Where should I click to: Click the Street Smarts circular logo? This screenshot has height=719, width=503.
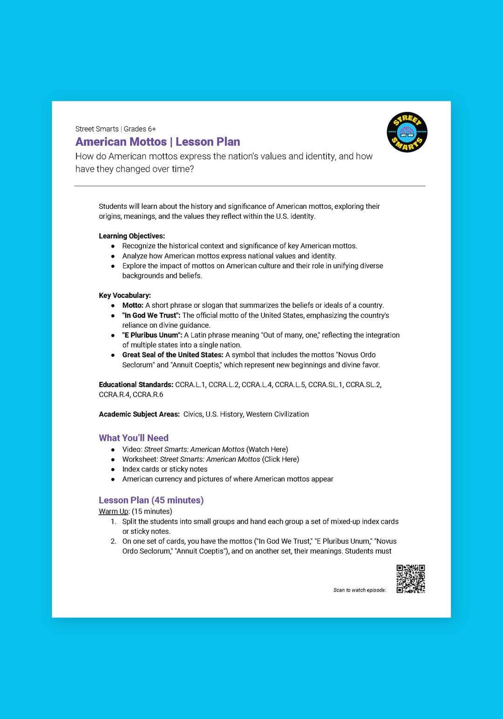[x=407, y=132]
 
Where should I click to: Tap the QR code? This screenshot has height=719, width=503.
[x=410, y=579]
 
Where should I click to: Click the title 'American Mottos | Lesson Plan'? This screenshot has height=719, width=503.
[x=157, y=142]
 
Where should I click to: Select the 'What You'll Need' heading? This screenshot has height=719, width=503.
[x=133, y=438]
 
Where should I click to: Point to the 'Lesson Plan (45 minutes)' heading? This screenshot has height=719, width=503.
[x=151, y=500]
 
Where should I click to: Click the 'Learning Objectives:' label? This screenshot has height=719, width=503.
[x=132, y=236]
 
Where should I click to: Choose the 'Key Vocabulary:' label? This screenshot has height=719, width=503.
[x=125, y=295]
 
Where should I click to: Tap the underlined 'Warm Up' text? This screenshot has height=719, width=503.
[x=113, y=511]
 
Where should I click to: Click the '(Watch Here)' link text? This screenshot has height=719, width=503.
[x=267, y=449]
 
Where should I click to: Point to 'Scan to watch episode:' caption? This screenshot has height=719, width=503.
[x=360, y=590]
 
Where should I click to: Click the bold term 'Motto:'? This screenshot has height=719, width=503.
[x=133, y=305]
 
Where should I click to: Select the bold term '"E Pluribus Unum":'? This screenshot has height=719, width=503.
[x=152, y=335]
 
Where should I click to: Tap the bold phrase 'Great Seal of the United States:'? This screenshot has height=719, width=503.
[x=173, y=355]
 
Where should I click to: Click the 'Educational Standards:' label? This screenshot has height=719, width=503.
[x=136, y=385]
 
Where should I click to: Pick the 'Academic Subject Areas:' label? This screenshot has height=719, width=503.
[x=139, y=414]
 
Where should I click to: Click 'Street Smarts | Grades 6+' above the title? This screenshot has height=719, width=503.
[x=116, y=129]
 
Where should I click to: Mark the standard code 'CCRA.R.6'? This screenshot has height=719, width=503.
[x=148, y=394]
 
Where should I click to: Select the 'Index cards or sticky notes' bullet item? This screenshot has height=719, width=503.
[x=164, y=469]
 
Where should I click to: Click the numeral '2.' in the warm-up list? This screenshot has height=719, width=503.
[x=113, y=541]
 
